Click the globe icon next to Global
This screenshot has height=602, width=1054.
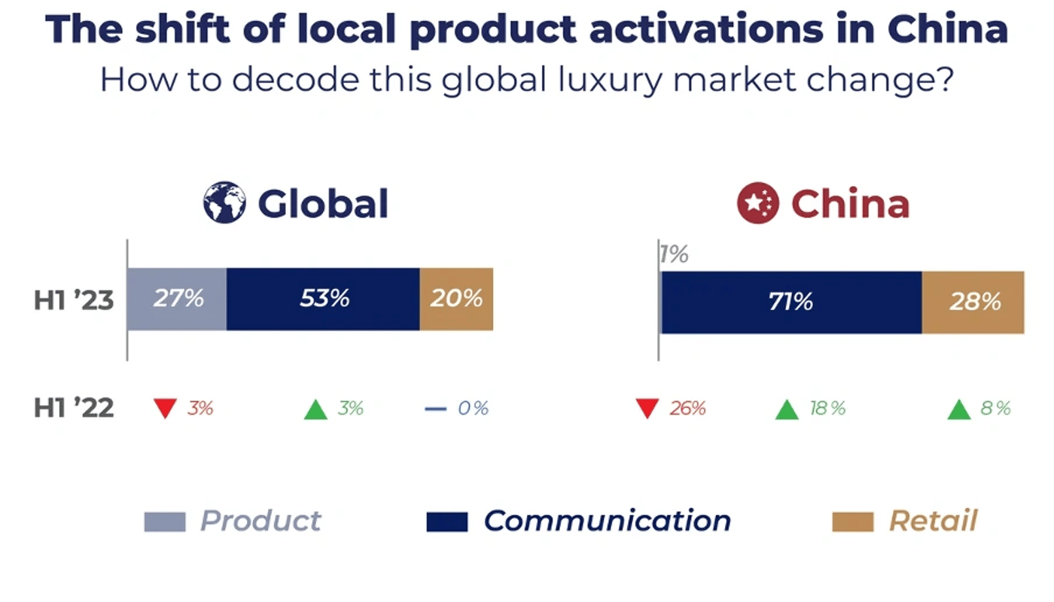[x=224, y=202]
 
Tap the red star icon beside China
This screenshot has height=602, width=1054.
[x=757, y=203]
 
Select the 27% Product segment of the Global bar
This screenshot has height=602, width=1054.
[x=177, y=299]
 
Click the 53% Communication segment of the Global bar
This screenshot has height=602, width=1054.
[x=323, y=299]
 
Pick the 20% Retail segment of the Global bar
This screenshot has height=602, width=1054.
[x=456, y=299]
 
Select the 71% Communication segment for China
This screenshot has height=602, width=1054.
[x=790, y=302]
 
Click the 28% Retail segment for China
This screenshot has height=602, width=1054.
[x=973, y=302]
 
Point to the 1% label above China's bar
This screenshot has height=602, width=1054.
[x=674, y=255]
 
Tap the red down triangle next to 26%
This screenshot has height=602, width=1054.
[x=647, y=409]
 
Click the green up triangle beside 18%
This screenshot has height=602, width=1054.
[x=786, y=410]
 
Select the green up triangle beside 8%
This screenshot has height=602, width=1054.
[x=958, y=410]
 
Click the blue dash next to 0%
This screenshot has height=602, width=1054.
[x=435, y=409]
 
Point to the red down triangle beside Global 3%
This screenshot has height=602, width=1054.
[x=165, y=409]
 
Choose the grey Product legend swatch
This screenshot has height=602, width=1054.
[x=164, y=521]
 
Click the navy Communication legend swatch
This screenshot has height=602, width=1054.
[x=446, y=521]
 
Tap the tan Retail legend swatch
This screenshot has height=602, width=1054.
[x=852, y=521]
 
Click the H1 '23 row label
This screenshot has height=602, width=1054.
[x=73, y=300]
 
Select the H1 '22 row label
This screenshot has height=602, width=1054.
[x=73, y=409]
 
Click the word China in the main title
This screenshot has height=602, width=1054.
[x=946, y=29]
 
